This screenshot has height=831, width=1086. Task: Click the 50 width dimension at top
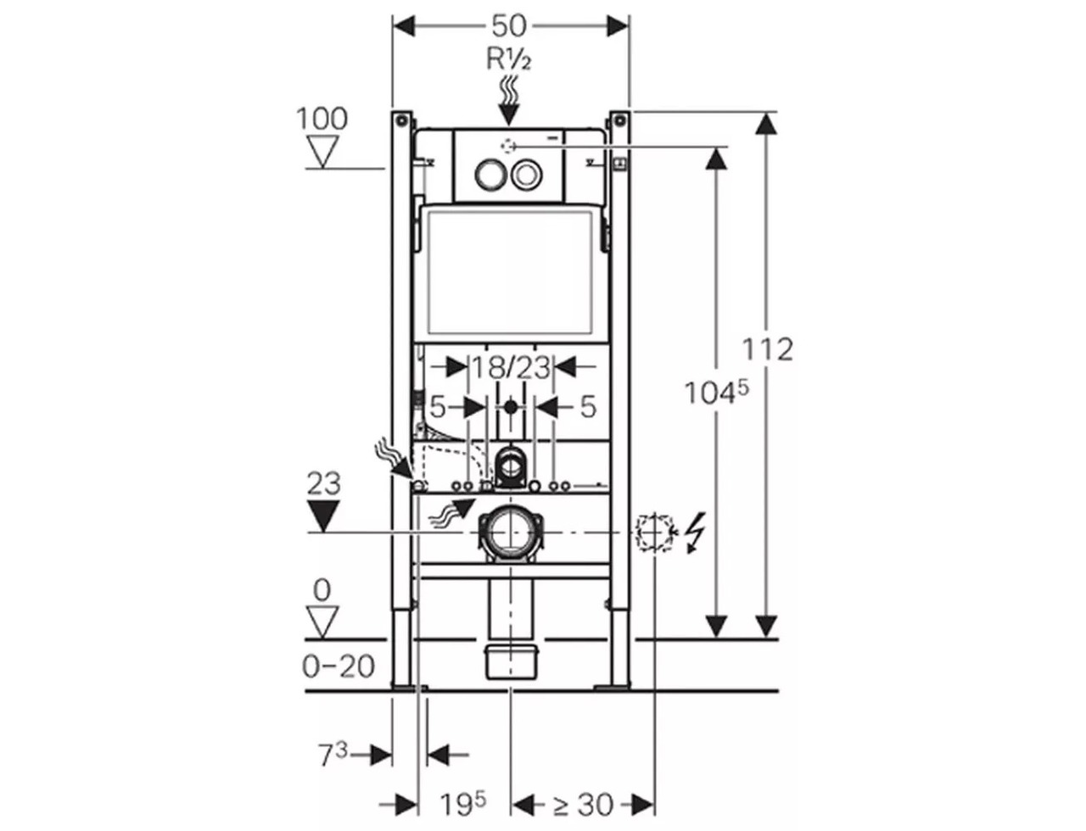509,25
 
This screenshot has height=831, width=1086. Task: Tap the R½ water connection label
509,59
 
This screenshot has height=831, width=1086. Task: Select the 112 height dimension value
768,349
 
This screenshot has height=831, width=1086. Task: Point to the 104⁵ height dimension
716,392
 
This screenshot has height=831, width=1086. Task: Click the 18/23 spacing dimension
511,368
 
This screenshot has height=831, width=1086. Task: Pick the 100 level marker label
322,119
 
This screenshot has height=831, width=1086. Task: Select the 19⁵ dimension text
464,802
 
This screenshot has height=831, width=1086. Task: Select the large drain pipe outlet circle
511,532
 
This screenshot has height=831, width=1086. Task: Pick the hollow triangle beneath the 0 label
322,621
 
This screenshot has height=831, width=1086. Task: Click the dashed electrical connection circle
654,533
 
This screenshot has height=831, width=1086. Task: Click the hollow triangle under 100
322,151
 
